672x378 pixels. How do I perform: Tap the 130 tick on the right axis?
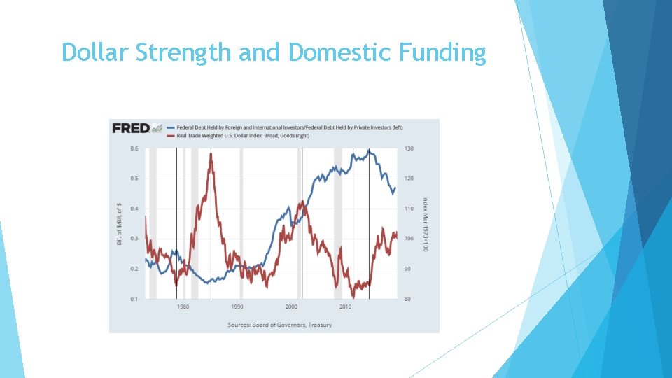(x=409, y=148)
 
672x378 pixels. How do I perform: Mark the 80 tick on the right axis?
(x=407, y=299)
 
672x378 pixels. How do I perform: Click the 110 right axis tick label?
(x=409, y=209)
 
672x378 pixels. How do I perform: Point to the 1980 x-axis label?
(x=183, y=307)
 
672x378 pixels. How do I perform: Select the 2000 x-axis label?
(x=291, y=307)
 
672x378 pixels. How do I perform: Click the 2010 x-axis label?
(x=345, y=307)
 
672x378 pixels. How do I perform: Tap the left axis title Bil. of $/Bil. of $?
(x=118, y=223)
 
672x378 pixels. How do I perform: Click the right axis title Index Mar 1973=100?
(x=424, y=224)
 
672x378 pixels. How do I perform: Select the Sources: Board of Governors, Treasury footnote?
(x=279, y=325)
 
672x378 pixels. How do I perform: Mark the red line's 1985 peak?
(x=211, y=154)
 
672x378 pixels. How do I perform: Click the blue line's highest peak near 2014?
(x=369, y=150)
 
